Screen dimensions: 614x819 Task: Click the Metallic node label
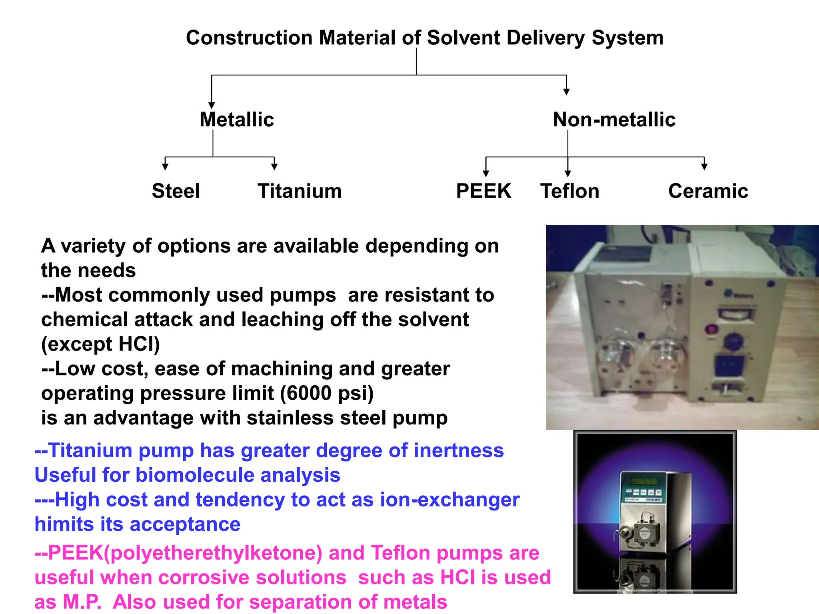pyautogui.click(x=237, y=120)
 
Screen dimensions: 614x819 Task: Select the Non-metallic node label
pyautogui.click(x=614, y=120)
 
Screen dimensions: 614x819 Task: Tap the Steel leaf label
pyautogui.click(x=176, y=191)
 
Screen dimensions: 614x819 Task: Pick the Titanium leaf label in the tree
pyautogui.click(x=300, y=191)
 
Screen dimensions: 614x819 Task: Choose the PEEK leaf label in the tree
pyautogui.click(x=483, y=191)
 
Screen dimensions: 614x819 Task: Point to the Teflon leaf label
pyautogui.click(x=569, y=191)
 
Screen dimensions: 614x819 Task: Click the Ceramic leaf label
pyautogui.click(x=708, y=191)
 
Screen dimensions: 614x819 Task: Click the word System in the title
pyautogui.click(x=627, y=38)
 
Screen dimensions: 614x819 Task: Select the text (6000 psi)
pyautogui.click(x=327, y=393)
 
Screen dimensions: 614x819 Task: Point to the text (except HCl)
pyautogui.click(x=100, y=344)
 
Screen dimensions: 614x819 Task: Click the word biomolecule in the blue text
pyautogui.click(x=195, y=475)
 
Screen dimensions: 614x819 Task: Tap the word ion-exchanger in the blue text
pyautogui.click(x=449, y=500)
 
